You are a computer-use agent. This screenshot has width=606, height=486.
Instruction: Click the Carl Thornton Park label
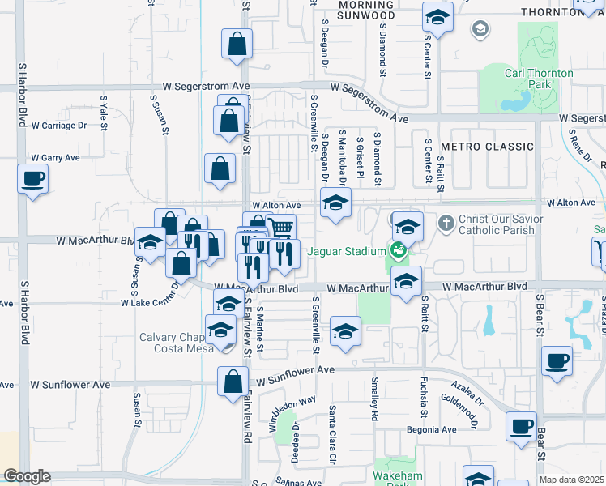coord(539,79)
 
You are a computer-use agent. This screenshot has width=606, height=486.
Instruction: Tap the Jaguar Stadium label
coord(344,251)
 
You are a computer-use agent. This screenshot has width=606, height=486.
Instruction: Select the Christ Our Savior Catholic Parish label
coord(497,224)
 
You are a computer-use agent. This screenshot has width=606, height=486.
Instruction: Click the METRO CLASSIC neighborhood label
coord(486,147)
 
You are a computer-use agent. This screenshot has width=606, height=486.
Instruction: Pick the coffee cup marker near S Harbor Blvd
coord(32,178)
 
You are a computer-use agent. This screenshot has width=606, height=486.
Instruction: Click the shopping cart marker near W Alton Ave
coord(280,228)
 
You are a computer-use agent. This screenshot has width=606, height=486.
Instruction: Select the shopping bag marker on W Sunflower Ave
coord(233,381)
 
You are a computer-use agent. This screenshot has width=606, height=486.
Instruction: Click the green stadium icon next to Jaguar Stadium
coord(398,250)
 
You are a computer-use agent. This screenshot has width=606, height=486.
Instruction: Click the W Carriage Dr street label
coord(58,126)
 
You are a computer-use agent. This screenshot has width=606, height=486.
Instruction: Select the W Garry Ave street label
coord(55,158)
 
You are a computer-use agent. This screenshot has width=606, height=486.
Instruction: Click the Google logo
coord(27,476)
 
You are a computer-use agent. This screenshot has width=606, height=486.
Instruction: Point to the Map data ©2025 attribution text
coord(571,480)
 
